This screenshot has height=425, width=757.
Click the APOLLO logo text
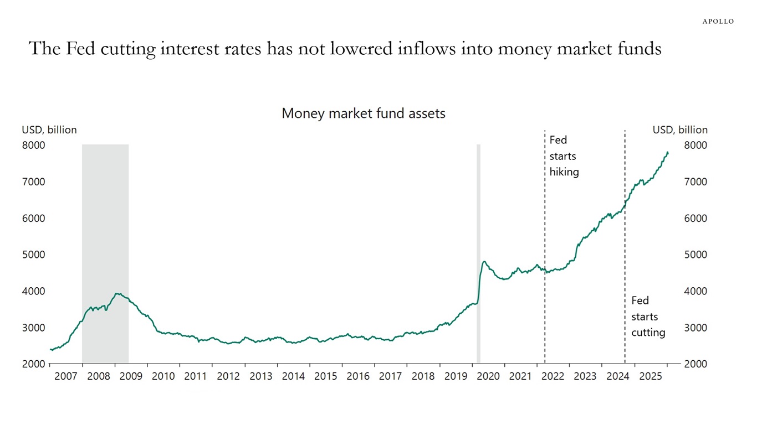tap(718, 21)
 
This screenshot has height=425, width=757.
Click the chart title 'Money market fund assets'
tap(364, 113)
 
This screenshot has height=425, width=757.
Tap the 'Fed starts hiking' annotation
tap(564, 156)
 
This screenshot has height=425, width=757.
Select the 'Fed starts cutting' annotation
tap(647, 317)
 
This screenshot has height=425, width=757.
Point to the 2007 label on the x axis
tap(66, 376)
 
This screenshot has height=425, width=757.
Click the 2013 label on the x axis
tap(260, 376)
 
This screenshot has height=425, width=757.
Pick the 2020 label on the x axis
tap(488, 376)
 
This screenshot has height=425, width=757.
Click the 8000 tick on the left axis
tap(33, 145)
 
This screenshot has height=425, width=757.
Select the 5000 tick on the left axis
tap(33, 255)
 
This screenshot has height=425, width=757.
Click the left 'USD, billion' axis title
tap(49, 130)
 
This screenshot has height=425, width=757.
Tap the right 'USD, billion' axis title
tap(680, 130)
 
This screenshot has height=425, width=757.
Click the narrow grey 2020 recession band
tap(478, 249)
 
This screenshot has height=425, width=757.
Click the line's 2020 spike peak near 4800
tap(484, 262)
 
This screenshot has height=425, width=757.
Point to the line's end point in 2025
tap(668, 153)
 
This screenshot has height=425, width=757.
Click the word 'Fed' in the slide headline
tap(79, 49)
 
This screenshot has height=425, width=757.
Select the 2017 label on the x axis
tap(390, 376)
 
